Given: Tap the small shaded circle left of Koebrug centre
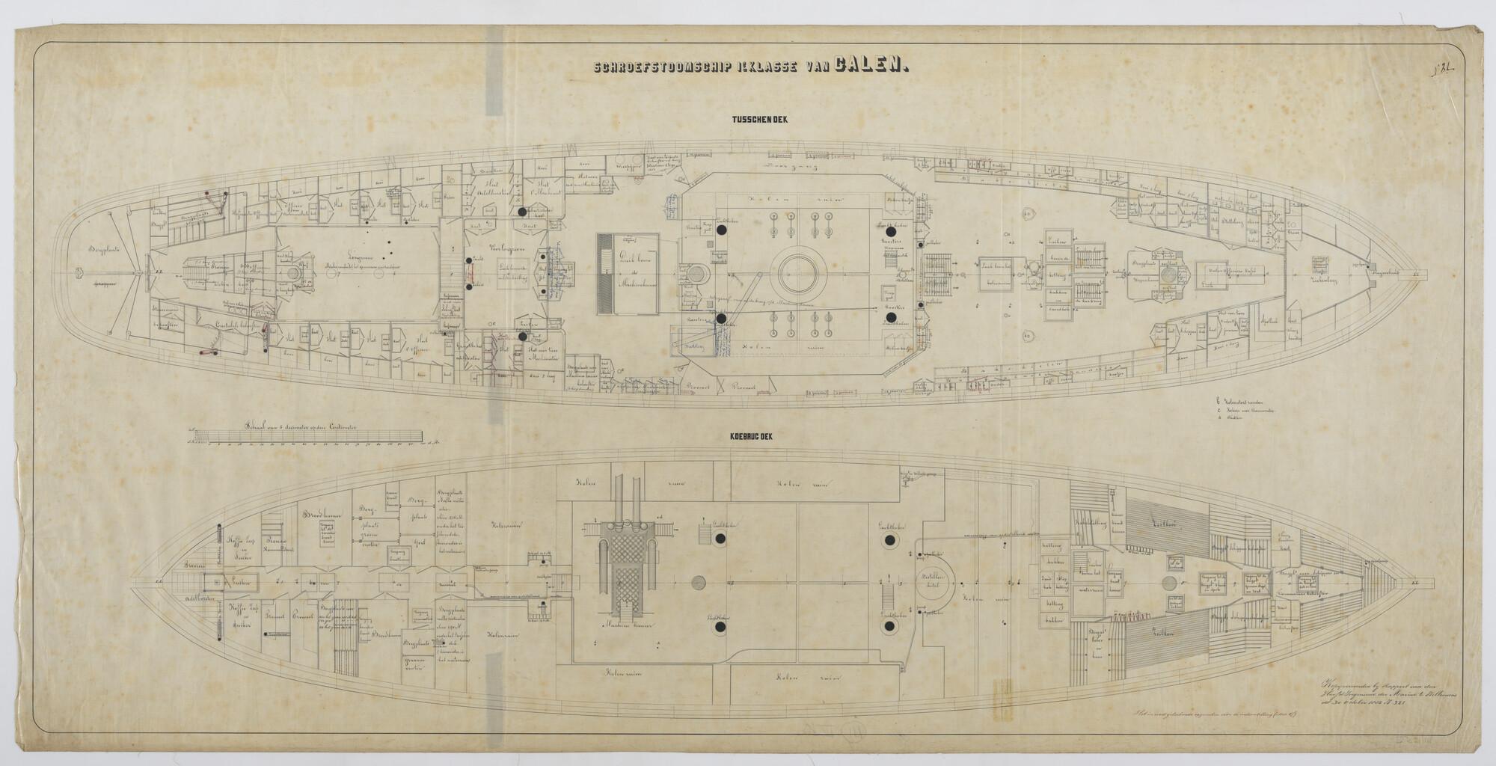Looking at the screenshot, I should tap(699, 583).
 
